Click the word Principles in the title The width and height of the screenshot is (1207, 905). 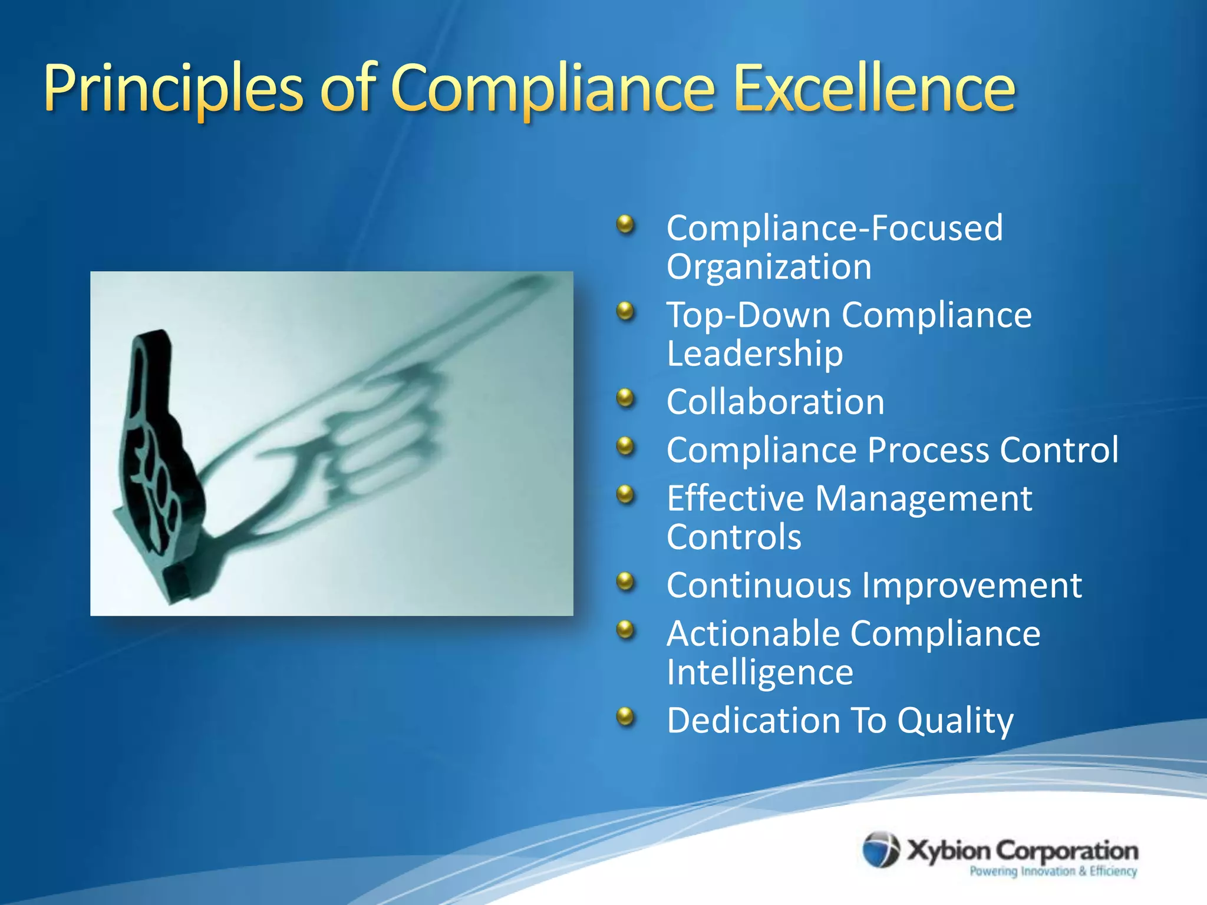coord(173,88)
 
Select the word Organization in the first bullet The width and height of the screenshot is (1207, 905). coord(769,267)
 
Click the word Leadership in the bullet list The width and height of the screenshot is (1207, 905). coord(755,354)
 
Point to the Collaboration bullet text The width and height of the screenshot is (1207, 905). coord(776,402)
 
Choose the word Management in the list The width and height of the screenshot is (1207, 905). coord(924,498)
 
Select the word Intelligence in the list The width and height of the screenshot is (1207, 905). coord(760,672)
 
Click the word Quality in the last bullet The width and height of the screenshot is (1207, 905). coord(955,721)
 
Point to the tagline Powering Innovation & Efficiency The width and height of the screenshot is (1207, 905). coord(1053,871)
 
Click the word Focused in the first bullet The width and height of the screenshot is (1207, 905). coord(936,228)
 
